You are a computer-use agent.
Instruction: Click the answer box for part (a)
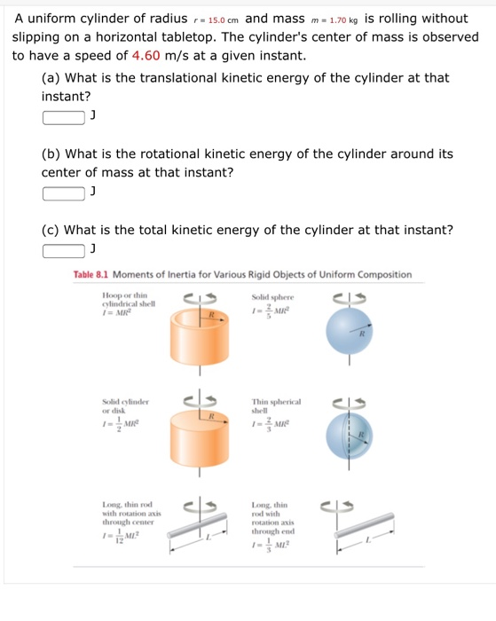(65, 117)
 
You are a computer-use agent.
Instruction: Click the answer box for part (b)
(65, 193)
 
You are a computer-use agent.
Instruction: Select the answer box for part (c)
(65, 251)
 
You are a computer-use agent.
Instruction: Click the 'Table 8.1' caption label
(91, 275)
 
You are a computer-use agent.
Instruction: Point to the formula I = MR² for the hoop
(118, 311)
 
